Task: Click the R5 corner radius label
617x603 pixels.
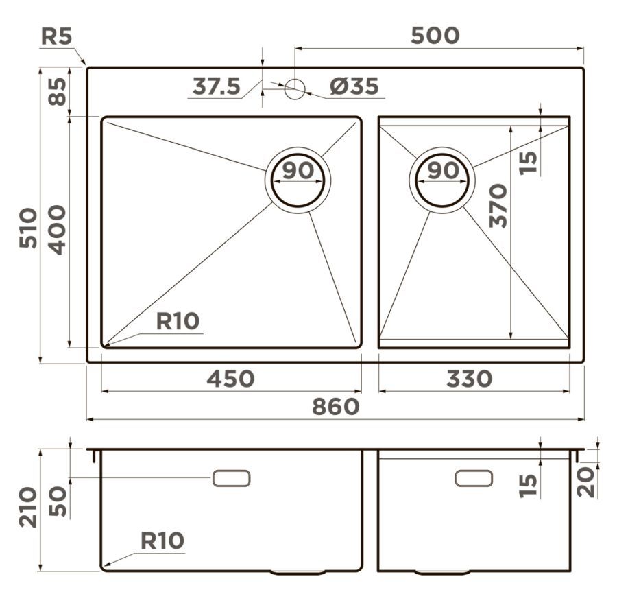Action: coord(57,36)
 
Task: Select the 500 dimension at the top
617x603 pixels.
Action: coord(435,36)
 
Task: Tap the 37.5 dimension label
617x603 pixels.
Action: coord(216,86)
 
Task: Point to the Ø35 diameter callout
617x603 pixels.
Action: coord(354,86)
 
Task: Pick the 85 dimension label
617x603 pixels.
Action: coord(58,92)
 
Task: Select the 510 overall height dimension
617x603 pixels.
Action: coord(28,228)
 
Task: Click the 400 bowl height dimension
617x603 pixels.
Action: coord(58,230)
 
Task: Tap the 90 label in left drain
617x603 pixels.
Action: coord(298,170)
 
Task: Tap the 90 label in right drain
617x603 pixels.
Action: coord(443,170)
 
